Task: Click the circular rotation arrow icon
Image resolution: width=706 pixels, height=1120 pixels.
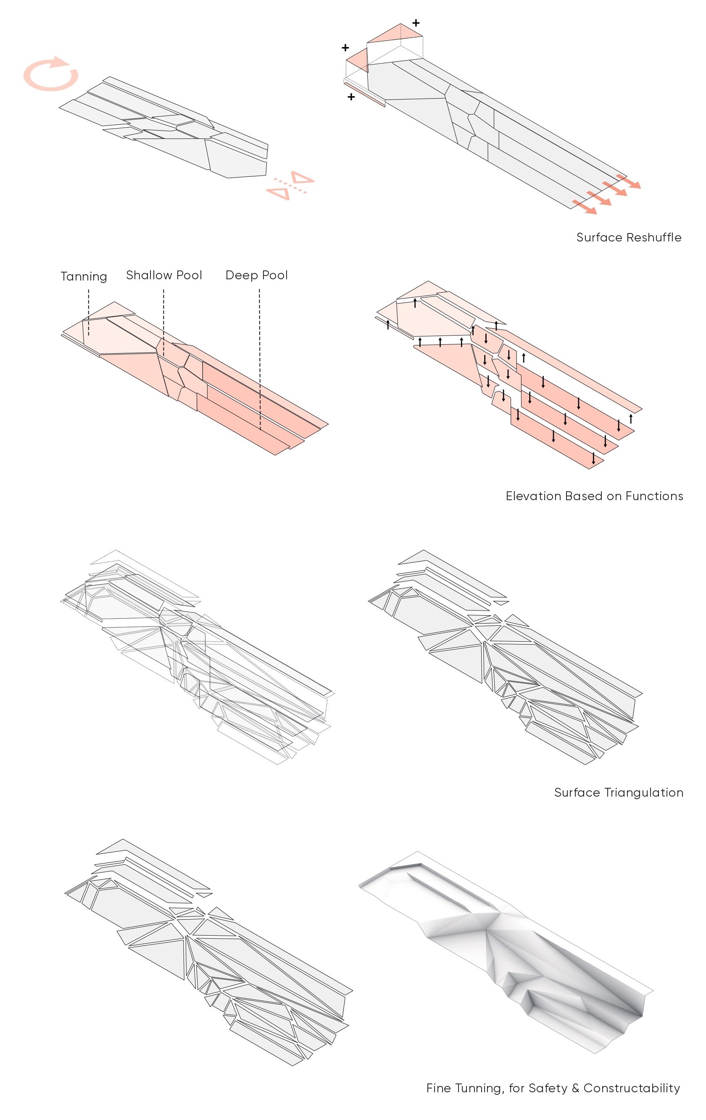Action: [x=51, y=74]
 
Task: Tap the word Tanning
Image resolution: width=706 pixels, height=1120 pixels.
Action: [x=84, y=276]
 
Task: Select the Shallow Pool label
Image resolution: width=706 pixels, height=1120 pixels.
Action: [x=164, y=275]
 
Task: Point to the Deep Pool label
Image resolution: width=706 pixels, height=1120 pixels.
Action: [x=256, y=275]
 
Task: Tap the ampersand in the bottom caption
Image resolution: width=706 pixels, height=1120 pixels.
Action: [x=575, y=1089]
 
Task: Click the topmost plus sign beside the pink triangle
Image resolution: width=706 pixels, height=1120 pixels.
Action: [x=416, y=23]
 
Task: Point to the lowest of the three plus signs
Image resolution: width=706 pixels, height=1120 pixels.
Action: [x=351, y=97]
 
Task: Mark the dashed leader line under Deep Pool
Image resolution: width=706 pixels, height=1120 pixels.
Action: [x=260, y=358]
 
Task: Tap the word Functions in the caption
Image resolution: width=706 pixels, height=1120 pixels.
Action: [x=654, y=496]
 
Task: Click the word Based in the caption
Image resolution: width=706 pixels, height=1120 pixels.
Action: [x=584, y=496]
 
